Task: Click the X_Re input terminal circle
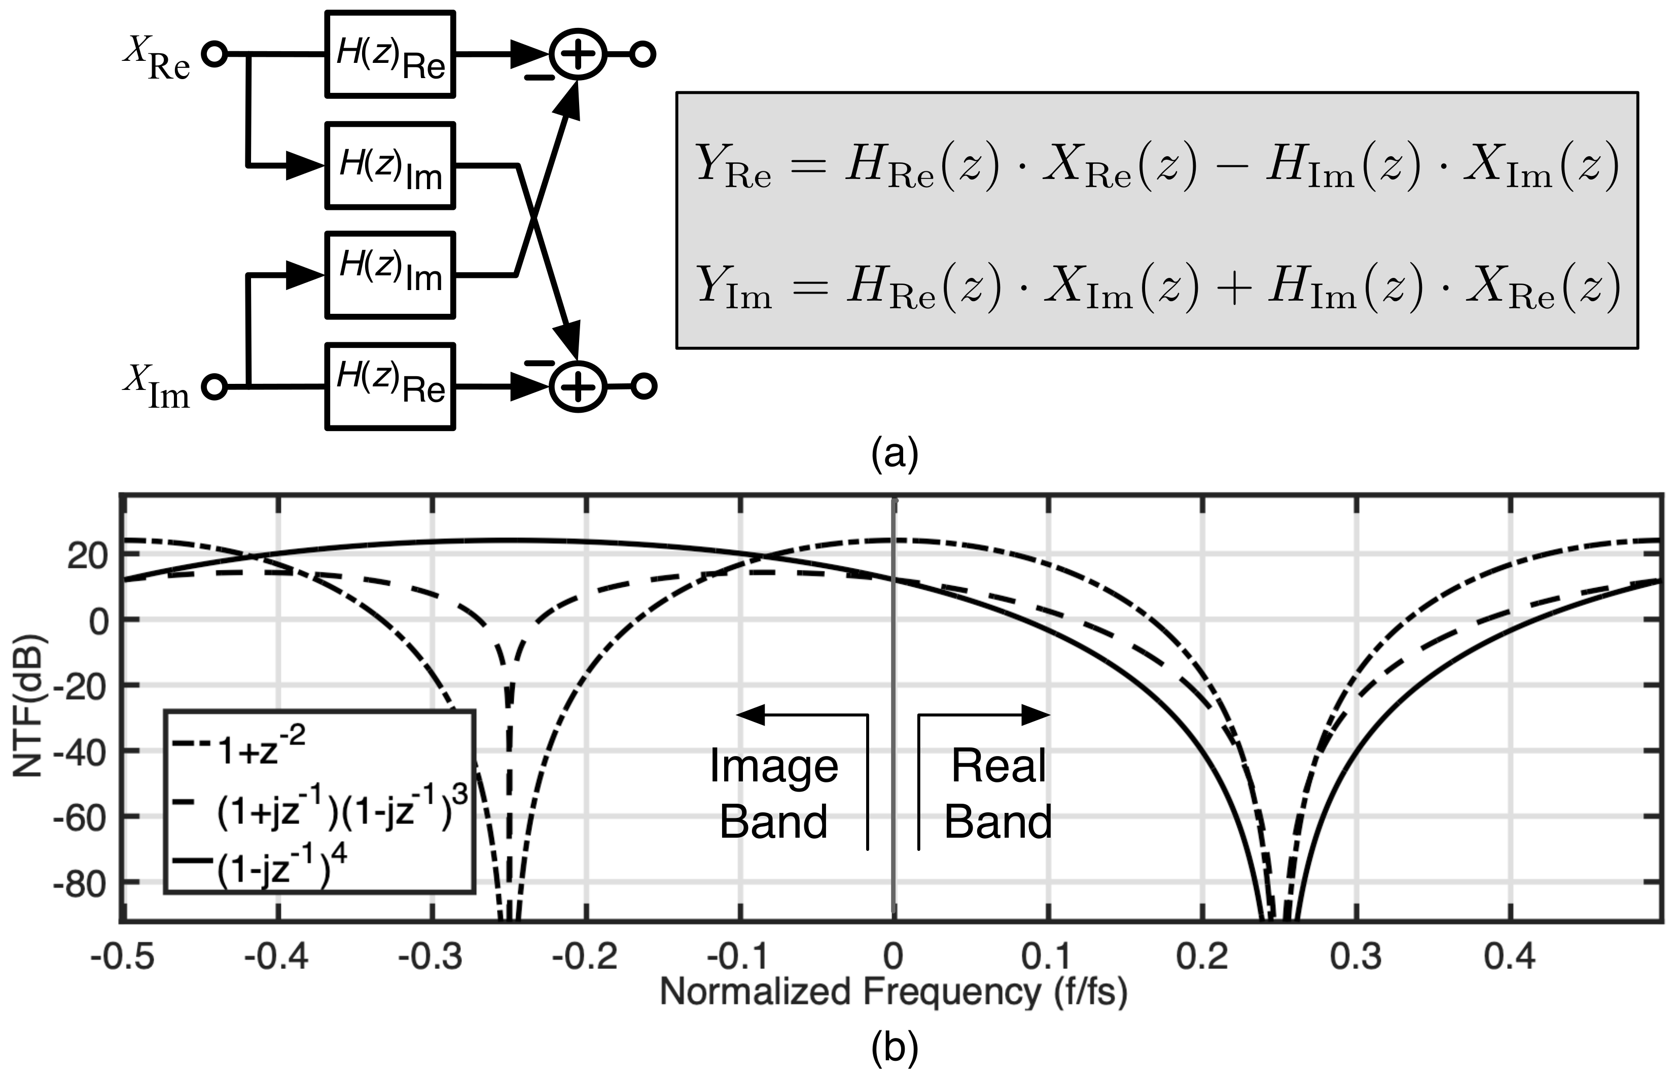(215, 54)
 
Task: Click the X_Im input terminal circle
(215, 386)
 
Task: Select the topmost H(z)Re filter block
(390, 54)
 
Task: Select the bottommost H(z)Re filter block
(390, 386)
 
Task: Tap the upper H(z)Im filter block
(390, 165)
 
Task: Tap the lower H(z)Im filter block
(390, 275)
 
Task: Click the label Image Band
(773, 794)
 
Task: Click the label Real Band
(998, 794)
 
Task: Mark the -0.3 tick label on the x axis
(431, 956)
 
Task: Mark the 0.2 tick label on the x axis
(1202, 956)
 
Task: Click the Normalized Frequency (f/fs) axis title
(894, 992)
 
